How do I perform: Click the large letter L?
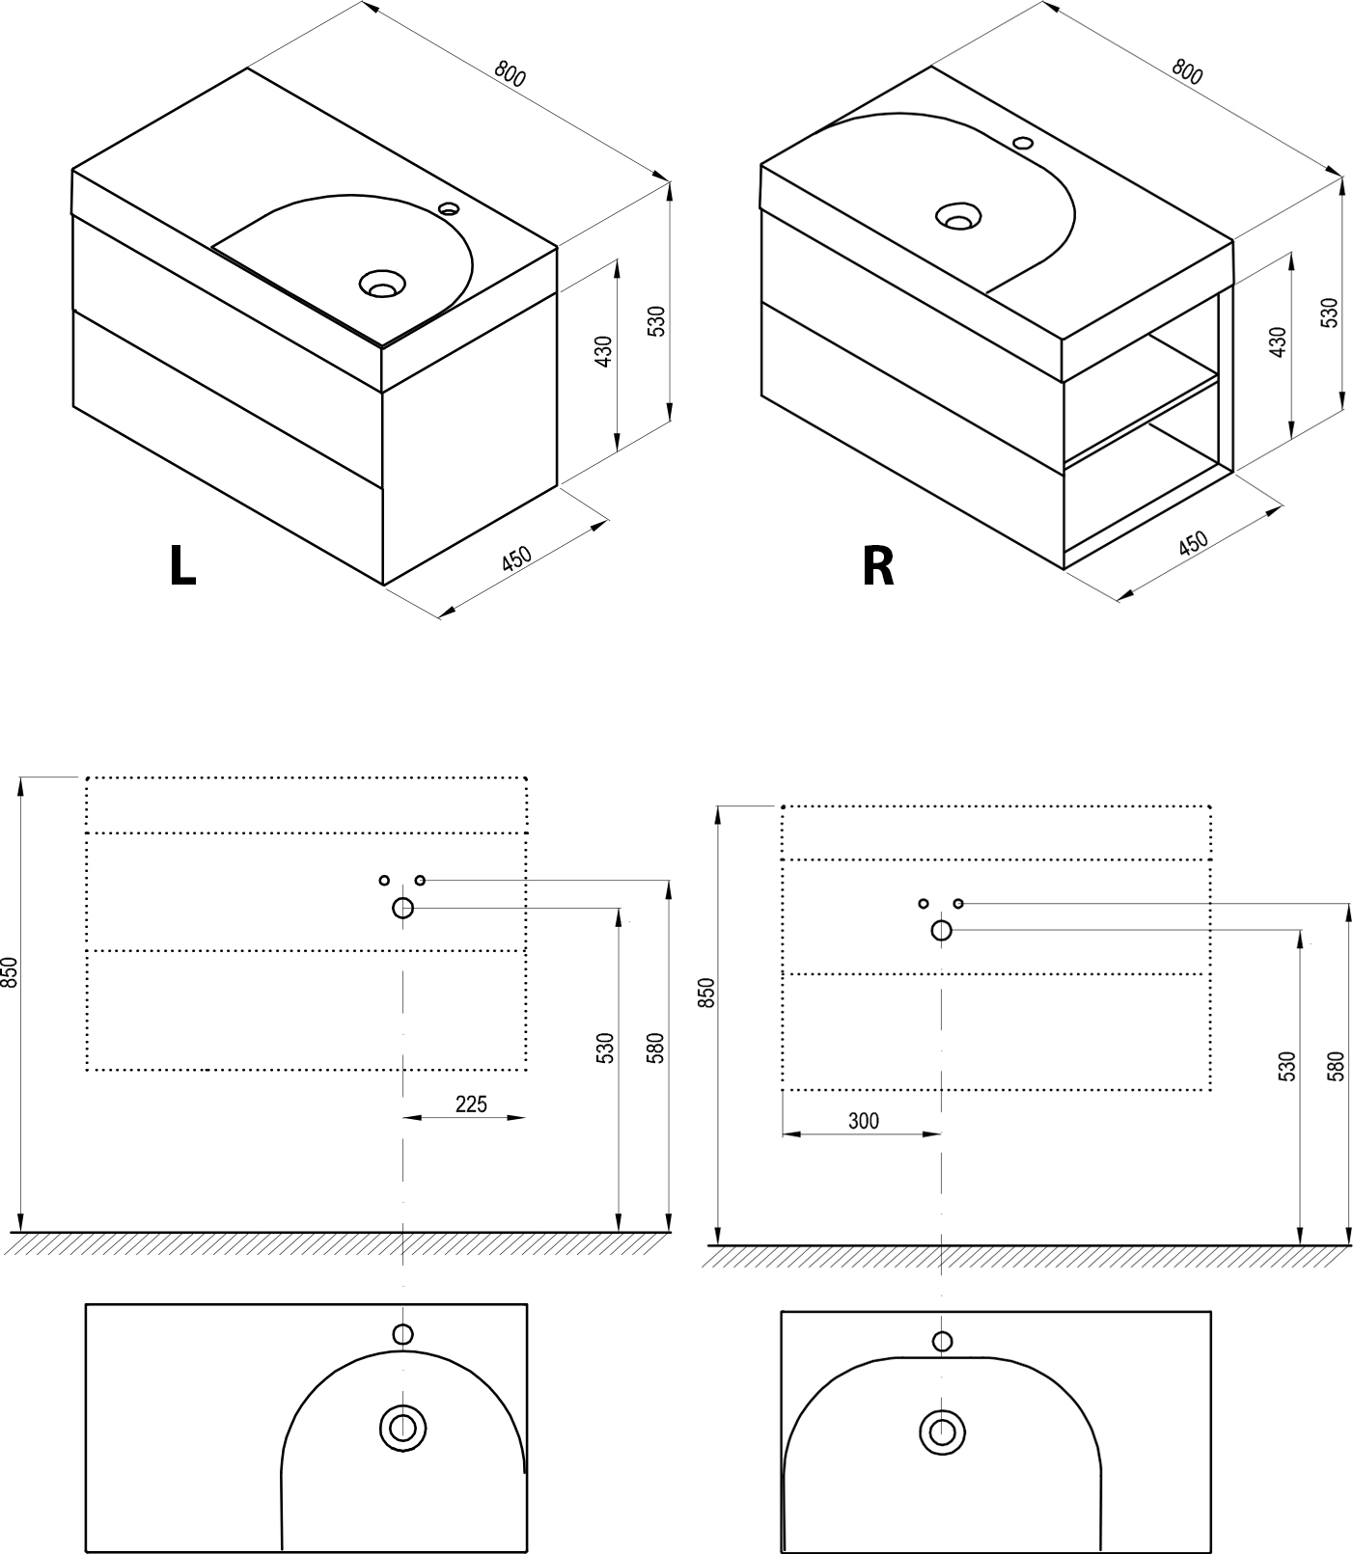click(182, 567)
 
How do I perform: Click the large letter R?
click(878, 567)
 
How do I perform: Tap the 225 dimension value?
click(471, 1104)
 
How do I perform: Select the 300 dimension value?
click(863, 1120)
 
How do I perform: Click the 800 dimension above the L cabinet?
click(510, 74)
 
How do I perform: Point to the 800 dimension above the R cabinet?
click(1187, 71)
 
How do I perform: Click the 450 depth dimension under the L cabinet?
click(517, 559)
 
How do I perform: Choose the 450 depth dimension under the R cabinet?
click(1195, 543)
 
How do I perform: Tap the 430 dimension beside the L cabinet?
click(603, 352)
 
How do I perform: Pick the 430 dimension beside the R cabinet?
click(1278, 342)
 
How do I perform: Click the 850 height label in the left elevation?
click(10, 972)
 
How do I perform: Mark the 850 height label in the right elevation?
click(707, 993)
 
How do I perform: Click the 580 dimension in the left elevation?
click(655, 1048)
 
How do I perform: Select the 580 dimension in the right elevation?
click(1336, 1065)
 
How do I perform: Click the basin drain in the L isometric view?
click(382, 285)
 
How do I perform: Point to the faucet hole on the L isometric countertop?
click(449, 207)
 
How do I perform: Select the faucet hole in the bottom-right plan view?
click(942, 1341)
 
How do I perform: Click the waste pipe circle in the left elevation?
click(402, 908)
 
